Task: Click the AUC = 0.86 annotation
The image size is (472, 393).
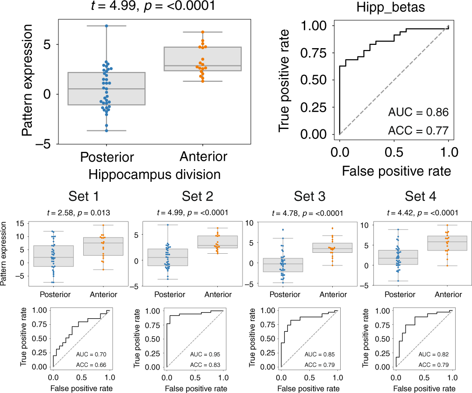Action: click(x=418, y=112)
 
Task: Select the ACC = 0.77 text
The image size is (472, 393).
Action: click(x=418, y=130)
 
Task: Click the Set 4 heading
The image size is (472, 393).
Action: click(x=421, y=197)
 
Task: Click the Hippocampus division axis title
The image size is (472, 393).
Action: click(x=154, y=175)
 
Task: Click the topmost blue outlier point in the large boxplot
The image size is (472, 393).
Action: click(x=107, y=26)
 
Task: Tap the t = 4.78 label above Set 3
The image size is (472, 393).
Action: click(x=308, y=213)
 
